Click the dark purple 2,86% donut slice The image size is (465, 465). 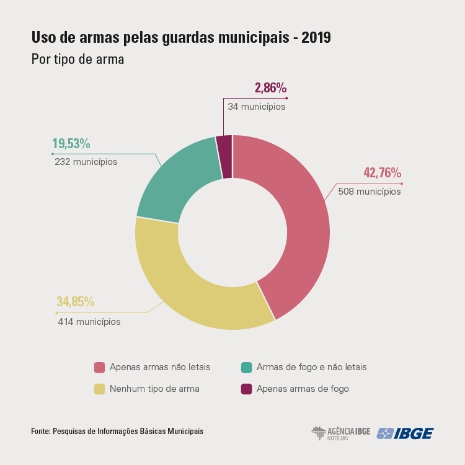(224, 157)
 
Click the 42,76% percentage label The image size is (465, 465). (383, 172)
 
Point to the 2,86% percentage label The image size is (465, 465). (271, 88)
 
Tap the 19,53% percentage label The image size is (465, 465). (71, 144)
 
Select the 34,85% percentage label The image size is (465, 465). (76, 301)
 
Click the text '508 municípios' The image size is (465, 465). (370, 192)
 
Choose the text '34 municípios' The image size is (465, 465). (257, 107)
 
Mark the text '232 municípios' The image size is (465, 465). (86, 162)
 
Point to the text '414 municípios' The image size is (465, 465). (89, 322)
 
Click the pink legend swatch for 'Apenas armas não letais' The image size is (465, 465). (99, 368)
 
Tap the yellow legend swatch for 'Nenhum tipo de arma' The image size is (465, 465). (99, 389)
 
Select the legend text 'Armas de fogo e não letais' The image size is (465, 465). (312, 367)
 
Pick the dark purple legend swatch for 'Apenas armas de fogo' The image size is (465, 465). (246, 389)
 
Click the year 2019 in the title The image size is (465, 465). (316, 38)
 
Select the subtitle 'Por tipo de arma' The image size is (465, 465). (77, 60)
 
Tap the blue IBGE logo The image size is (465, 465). (405, 433)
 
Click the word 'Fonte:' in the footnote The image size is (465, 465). (41, 431)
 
